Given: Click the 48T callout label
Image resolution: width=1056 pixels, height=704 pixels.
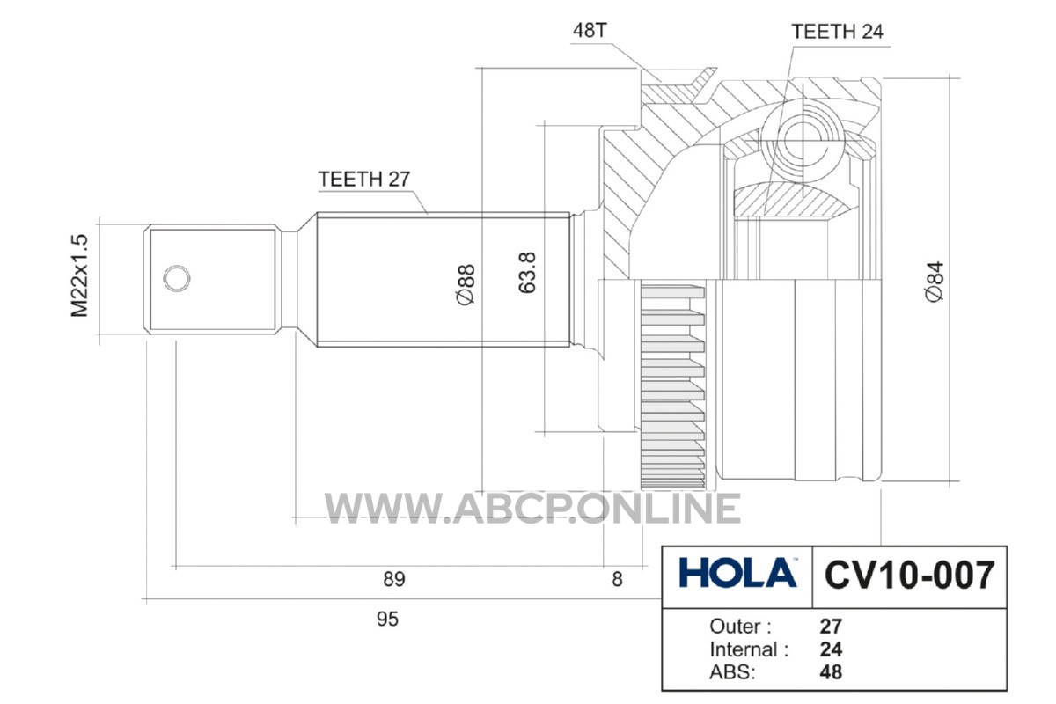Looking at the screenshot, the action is (590, 31).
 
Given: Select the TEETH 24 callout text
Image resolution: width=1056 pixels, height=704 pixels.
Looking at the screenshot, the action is (837, 32).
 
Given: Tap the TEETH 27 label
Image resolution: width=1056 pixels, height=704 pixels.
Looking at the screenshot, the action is (364, 180).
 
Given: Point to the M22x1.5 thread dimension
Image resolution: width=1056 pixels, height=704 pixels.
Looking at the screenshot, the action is (79, 275).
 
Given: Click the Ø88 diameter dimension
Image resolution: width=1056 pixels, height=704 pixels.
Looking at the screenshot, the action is (466, 285).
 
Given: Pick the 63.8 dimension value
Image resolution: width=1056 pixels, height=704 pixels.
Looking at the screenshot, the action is (527, 273).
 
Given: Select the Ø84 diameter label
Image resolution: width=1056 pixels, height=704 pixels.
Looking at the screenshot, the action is (935, 282).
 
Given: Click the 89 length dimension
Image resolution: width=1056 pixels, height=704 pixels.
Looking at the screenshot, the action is (394, 579).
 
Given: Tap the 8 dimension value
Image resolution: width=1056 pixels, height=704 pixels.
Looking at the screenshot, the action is (617, 579).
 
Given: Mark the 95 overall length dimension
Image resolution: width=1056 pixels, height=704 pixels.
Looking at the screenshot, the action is (387, 620).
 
